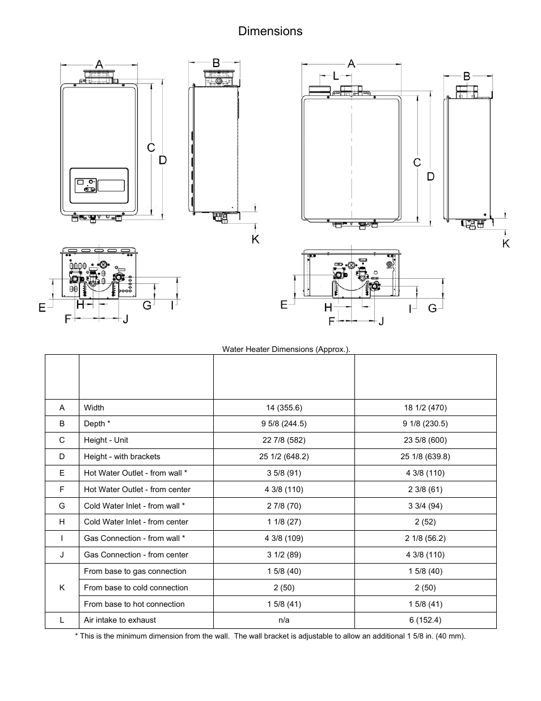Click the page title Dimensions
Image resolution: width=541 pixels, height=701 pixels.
click(270, 31)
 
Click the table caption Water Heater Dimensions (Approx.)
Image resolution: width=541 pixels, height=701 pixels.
click(286, 349)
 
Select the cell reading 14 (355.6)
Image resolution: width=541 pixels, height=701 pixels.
click(284, 408)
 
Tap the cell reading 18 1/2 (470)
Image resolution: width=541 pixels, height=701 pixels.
click(425, 408)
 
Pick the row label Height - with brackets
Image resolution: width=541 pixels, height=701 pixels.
click(122, 456)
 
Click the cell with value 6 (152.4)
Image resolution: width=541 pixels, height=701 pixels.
click(425, 620)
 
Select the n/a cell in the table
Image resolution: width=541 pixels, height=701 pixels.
click(284, 620)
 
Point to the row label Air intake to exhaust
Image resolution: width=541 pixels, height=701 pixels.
click(120, 620)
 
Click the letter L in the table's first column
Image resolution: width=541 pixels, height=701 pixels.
click(62, 620)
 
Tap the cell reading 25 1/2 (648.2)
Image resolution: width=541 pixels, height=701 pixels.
click(284, 456)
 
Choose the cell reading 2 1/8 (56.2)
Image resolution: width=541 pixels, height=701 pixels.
click(425, 538)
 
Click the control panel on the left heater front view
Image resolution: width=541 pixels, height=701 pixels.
click(99, 186)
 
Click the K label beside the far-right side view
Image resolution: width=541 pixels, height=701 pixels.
click(506, 243)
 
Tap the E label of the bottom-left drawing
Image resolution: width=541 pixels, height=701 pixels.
click(43, 307)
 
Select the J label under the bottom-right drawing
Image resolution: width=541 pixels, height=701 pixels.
click(381, 321)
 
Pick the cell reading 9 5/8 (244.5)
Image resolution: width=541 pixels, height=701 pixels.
click(284, 423)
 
